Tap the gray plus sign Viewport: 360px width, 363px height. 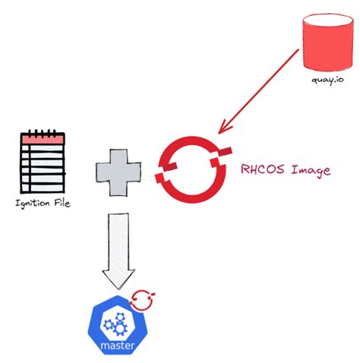pos(120,170)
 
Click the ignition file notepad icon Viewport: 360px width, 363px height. pos(42,164)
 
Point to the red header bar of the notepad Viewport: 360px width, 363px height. pos(43,140)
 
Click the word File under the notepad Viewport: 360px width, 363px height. pos(63,204)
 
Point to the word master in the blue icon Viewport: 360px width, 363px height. pos(117,347)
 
